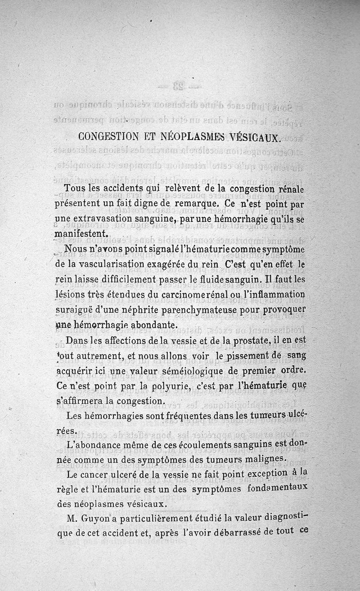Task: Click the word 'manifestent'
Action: (x=81, y=234)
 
